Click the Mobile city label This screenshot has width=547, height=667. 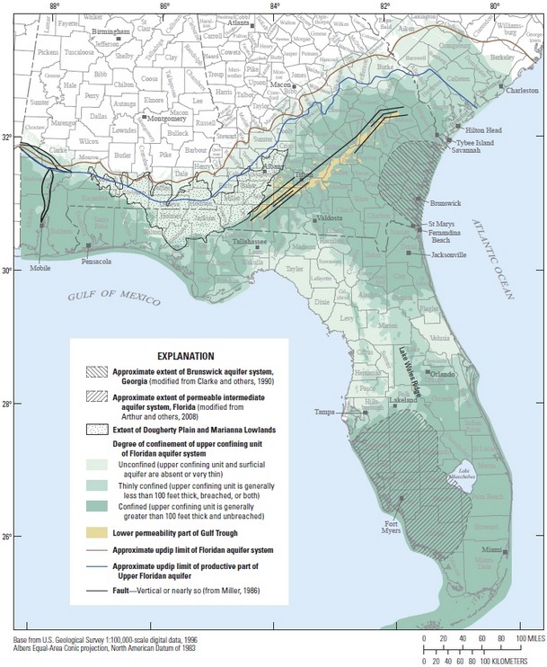click(x=39, y=268)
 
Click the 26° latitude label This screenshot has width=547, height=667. click(x=7, y=537)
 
